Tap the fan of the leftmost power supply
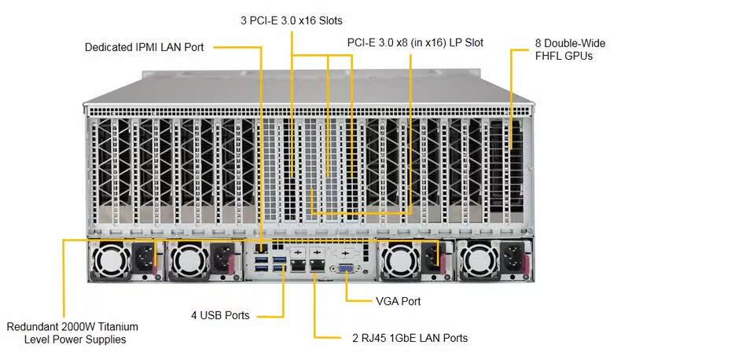click(109, 260)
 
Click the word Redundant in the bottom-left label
click(32, 326)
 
